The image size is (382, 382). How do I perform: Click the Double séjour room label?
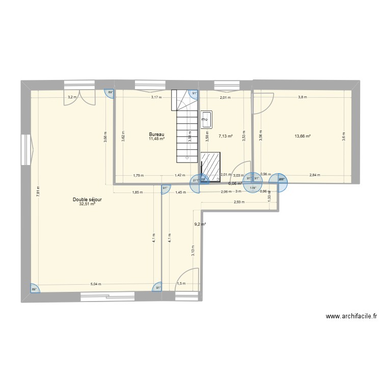click(87, 200)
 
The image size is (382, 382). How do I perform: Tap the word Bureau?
click(157, 135)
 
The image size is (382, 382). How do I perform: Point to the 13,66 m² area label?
click(303, 136)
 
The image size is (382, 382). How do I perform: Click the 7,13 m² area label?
click(226, 136)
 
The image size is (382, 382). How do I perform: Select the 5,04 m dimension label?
click(96, 284)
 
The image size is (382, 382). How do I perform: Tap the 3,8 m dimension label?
click(303, 97)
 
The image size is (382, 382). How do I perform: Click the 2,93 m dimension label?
click(239, 202)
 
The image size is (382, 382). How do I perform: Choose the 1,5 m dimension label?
click(181, 284)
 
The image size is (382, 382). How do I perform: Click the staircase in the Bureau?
click(186, 127)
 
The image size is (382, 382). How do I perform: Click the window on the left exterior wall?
click(26, 149)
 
